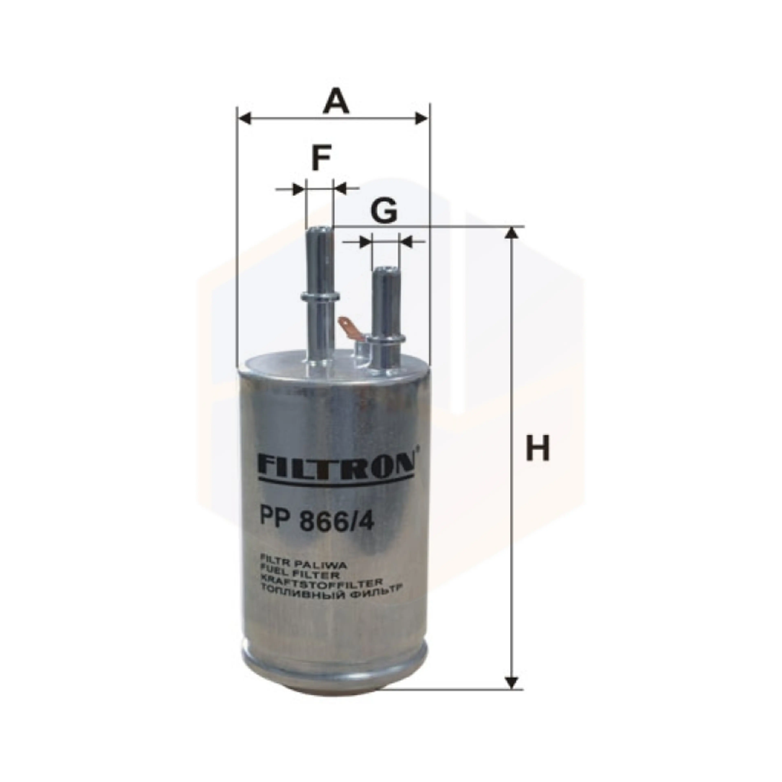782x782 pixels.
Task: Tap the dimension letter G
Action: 384,211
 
